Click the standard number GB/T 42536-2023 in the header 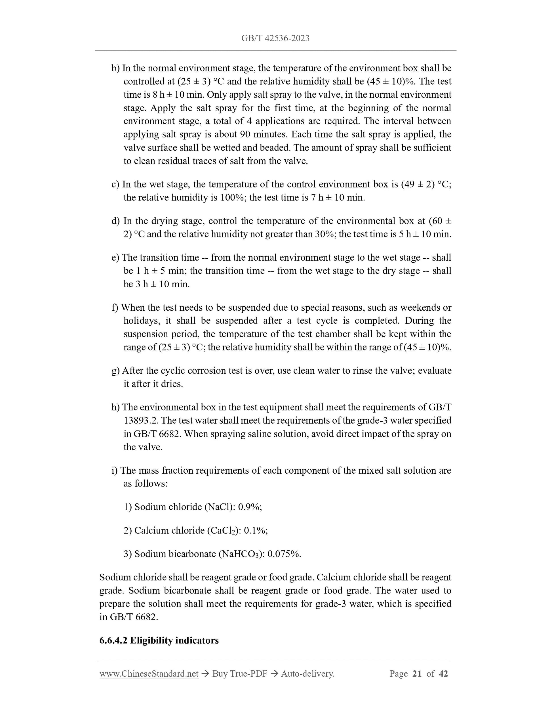click(x=275, y=38)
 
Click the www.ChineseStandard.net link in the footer click(x=149, y=674)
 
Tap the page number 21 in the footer click(x=417, y=674)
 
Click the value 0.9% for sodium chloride click(x=250, y=507)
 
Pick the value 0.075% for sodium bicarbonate click(x=284, y=554)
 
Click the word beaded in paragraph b click(x=274, y=148)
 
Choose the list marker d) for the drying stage click(x=115, y=221)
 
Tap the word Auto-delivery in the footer click(x=307, y=674)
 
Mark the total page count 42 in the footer click(x=443, y=674)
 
